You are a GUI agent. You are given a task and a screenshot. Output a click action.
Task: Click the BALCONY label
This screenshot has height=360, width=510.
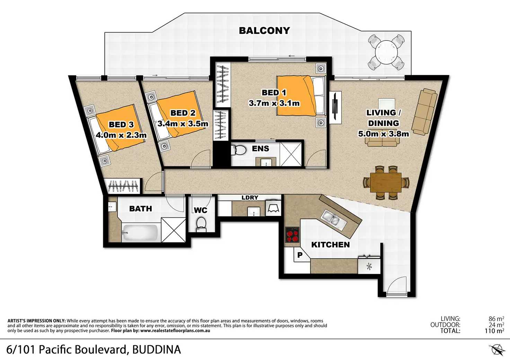(264, 30)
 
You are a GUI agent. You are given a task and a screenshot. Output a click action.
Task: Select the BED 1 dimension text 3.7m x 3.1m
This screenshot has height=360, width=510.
(274, 103)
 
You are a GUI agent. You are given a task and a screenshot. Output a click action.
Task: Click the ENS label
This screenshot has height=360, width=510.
(261, 149)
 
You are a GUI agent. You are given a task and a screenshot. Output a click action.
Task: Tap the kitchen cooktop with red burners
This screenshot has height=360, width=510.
(292, 235)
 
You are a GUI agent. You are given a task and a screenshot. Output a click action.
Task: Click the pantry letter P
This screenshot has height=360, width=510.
(300, 255)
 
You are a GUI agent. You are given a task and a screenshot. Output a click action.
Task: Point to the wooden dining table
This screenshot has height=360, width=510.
(386, 182)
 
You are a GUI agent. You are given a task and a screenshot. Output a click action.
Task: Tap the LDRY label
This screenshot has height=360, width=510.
(250, 198)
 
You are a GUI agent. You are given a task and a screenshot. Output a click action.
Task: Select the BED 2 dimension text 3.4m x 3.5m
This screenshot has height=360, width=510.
(183, 124)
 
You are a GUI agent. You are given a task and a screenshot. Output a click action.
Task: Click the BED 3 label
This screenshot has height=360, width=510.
(121, 125)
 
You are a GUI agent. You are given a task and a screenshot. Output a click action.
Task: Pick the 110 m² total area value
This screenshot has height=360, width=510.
(494, 331)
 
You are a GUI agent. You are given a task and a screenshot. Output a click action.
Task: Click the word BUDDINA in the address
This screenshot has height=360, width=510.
(157, 350)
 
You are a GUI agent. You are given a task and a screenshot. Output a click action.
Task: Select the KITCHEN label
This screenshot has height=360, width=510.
(331, 245)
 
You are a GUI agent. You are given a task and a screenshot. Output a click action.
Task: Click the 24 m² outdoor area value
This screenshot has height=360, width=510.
(496, 325)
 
